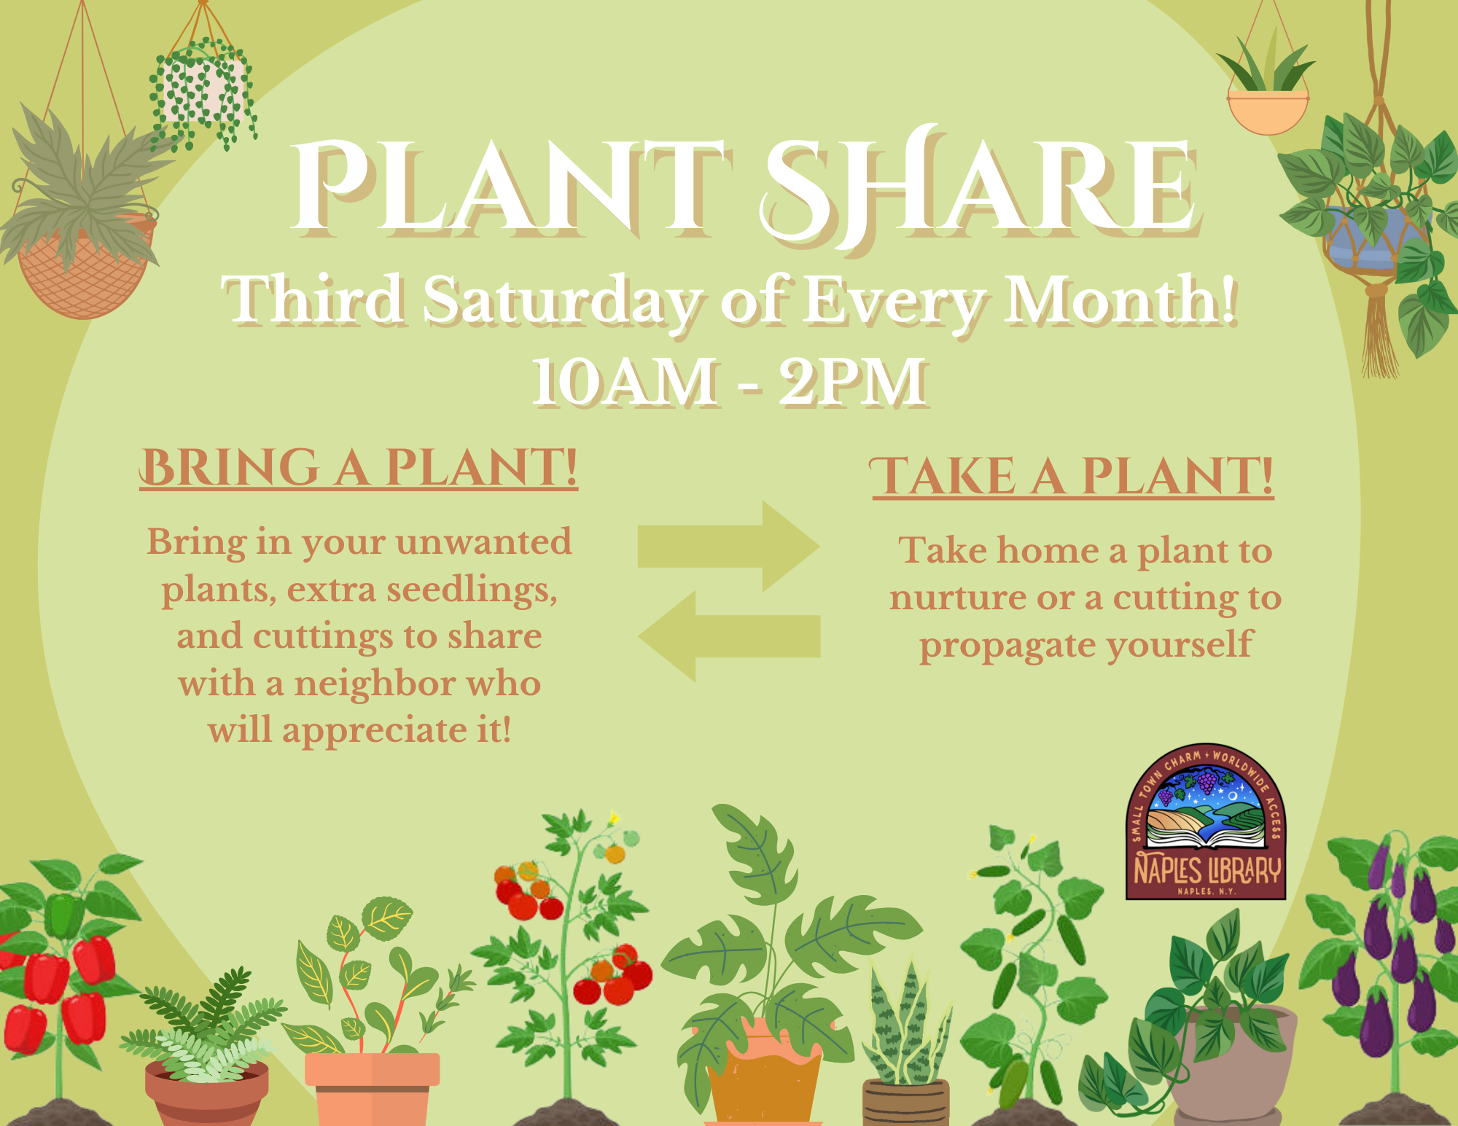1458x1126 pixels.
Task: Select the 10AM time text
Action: (x=625, y=382)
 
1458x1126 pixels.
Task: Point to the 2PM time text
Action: (x=853, y=382)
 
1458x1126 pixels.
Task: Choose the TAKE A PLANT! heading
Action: (x=1072, y=477)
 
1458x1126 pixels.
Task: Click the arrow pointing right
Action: (x=729, y=546)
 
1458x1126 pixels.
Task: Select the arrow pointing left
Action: (x=729, y=636)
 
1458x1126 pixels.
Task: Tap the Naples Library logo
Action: (x=1206, y=822)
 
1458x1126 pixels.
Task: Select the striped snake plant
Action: (x=906, y=1020)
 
